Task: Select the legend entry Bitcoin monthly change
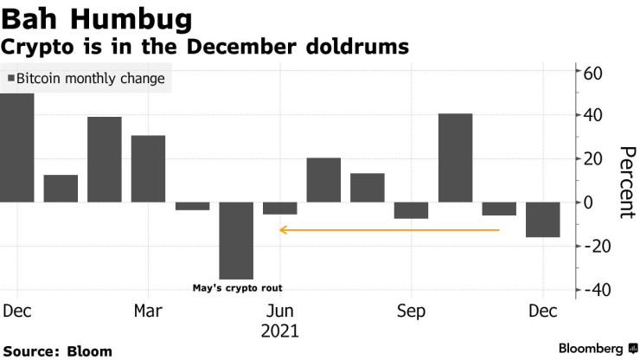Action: [86, 79]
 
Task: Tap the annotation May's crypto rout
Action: [237, 288]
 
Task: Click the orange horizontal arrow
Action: [389, 230]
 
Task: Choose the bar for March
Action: [148, 169]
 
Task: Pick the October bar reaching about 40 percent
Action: [455, 157]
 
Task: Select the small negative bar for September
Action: [412, 210]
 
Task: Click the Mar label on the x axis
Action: [148, 311]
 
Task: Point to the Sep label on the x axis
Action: [411, 311]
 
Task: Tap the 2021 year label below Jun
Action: [280, 331]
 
